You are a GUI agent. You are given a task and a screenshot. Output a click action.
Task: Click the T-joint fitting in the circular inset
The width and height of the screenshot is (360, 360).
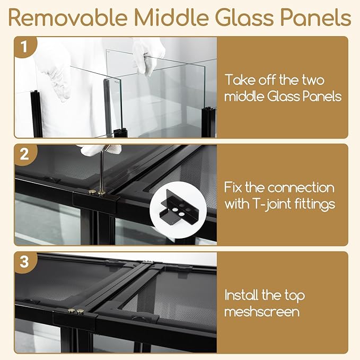coord(173,205)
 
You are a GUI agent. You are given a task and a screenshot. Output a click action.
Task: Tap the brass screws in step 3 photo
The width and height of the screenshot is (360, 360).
coord(77,311)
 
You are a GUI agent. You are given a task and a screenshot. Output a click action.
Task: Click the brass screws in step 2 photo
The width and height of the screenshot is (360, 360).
coord(95,192)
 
